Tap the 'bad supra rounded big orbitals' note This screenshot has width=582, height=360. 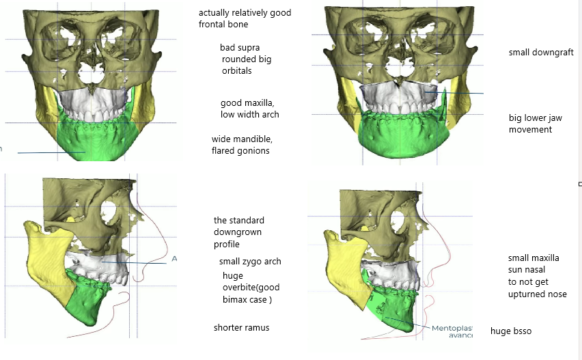tap(246, 59)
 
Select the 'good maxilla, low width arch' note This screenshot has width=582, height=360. tap(249, 108)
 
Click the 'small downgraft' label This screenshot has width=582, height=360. tap(541, 53)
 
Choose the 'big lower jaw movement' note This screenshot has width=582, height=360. tap(535, 124)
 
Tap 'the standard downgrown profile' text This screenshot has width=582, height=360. tap(238, 232)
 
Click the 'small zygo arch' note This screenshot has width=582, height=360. tap(250, 261)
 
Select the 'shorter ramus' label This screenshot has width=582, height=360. tap(241, 328)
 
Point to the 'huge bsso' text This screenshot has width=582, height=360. tap(511, 331)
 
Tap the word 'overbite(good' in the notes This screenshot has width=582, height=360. tap(250, 288)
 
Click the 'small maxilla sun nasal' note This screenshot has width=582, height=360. tap(533, 264)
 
